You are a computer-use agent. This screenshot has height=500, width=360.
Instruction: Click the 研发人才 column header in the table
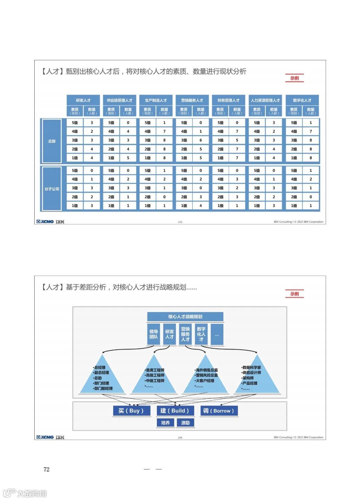83,100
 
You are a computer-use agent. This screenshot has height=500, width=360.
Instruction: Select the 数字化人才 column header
302,100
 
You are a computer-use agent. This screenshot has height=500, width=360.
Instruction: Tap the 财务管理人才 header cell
228,100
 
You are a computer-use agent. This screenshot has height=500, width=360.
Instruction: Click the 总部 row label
52,141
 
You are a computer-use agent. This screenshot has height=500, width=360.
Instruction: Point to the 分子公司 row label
52,189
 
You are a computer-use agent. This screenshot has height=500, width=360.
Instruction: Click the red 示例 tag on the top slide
294,78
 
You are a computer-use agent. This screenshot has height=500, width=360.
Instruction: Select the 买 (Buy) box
131,411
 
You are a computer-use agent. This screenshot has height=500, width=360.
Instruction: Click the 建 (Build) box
175,411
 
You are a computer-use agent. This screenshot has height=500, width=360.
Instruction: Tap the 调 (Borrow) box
219,411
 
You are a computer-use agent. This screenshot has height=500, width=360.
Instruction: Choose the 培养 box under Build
165,423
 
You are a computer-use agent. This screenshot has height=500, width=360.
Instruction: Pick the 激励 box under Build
185,423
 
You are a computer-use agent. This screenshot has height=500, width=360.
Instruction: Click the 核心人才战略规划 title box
185,317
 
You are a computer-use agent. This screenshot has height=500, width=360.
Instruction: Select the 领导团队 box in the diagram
154,334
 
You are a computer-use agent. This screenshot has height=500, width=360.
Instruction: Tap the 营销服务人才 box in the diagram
185,334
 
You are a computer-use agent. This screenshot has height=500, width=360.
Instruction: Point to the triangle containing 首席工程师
154,379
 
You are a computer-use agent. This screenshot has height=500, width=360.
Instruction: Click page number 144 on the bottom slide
180,438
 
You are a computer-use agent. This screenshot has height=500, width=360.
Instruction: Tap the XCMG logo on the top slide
45,221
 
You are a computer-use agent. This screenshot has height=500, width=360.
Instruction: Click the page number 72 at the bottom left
46,469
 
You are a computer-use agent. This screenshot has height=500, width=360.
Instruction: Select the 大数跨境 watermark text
32,493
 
